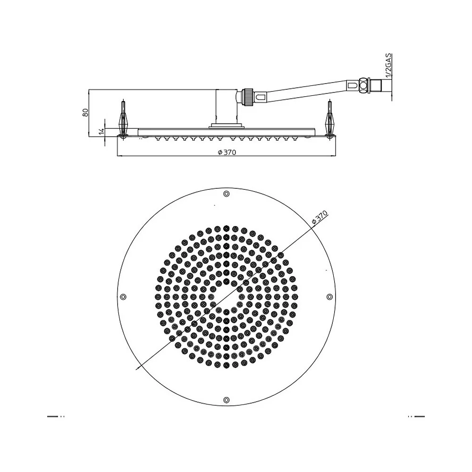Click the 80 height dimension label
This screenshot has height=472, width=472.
(85, 113)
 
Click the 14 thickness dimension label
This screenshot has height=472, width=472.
(101, 131)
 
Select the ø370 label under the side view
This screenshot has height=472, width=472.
(227, 152)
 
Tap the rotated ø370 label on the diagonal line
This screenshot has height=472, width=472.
(320, 217)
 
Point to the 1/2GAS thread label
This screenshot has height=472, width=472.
(388, 66)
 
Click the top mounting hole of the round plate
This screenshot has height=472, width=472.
(227, 194)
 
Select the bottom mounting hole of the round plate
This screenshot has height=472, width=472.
(227, 400)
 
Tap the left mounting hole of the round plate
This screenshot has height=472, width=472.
(123, 297)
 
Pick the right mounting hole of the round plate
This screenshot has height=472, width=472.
(330, 297)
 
